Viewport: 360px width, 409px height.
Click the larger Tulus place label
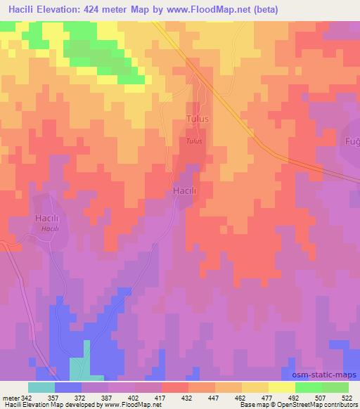click(198, 119)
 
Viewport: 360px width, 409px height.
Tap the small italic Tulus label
click(195, 141)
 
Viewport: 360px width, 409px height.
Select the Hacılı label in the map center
click(184, 191)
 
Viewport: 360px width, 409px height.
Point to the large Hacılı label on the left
click(49, 219)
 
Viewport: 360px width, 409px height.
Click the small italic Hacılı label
click(49, 229)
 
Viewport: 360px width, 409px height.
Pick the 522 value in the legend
click(347, 398)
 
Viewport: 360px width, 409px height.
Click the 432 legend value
click(187, 398)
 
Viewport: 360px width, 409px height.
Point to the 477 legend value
click(267, 398)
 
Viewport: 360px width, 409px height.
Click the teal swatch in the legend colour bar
click(41, 387)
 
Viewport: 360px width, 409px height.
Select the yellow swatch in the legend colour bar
click(281, 387)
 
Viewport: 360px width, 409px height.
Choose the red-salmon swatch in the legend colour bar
click(174, 387)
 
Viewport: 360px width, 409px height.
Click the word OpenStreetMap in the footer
click(284, 405)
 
